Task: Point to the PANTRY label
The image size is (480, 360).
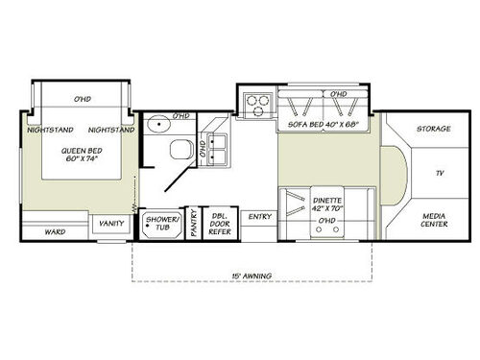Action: coord(193,224)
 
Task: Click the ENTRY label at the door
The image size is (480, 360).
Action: coord(259,217)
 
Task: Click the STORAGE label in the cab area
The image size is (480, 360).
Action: coord(434,129)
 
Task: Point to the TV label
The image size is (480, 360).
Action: coord(439,173)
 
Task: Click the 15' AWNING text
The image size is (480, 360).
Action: coord(252,276)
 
